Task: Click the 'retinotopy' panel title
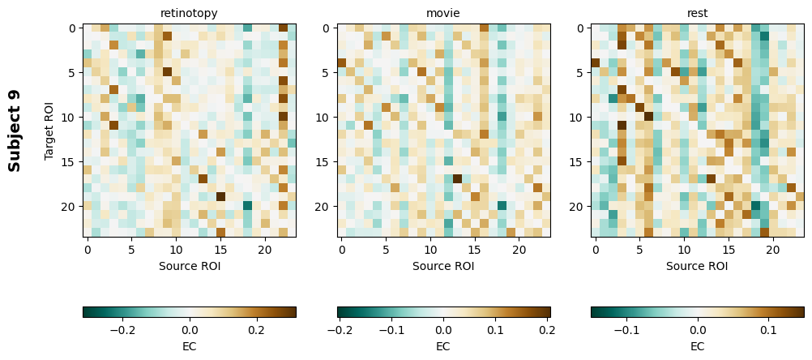189,13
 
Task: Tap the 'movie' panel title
443,13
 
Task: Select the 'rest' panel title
697,13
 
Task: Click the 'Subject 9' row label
15,131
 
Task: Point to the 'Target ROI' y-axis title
49,131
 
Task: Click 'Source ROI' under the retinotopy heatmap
189,266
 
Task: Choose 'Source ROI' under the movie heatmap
443,266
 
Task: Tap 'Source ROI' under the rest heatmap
697,266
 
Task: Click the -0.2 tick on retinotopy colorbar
122,331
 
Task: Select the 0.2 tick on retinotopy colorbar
256,331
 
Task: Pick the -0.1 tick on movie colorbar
391,331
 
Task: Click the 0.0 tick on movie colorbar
443,331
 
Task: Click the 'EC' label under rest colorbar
697,346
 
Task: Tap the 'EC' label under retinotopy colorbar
189,346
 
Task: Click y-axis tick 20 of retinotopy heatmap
71,207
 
